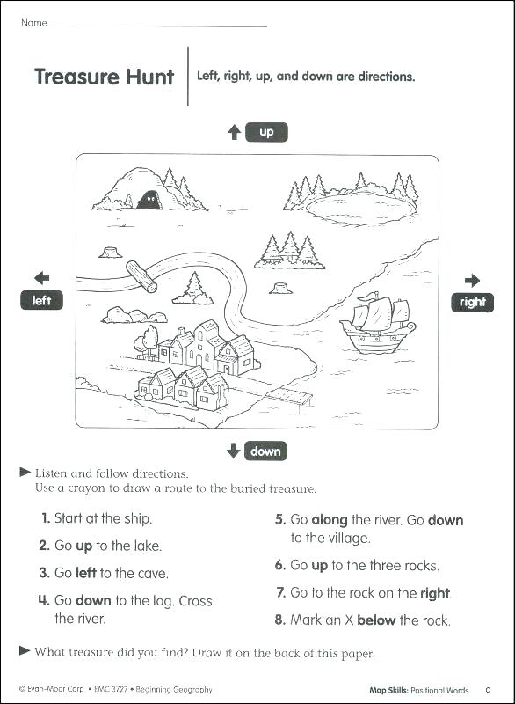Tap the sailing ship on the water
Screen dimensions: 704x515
(379, 324)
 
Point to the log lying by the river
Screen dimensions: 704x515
(141, 275)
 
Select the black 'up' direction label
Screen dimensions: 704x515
(266, 133)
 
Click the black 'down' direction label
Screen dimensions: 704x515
(265, 451)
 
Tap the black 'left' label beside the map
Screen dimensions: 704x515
(42, 301)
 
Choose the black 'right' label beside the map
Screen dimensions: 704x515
(472, 303)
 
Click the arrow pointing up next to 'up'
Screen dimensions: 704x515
(234, 133)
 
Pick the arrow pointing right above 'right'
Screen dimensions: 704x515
(472, 281)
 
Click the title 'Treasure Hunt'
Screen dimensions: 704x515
(104, 77)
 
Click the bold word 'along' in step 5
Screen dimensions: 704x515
(330, 520)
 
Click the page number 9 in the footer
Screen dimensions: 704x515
(489, 690)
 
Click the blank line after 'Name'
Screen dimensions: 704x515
(158, 24)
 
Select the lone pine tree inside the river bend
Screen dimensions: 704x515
(193, 288)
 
